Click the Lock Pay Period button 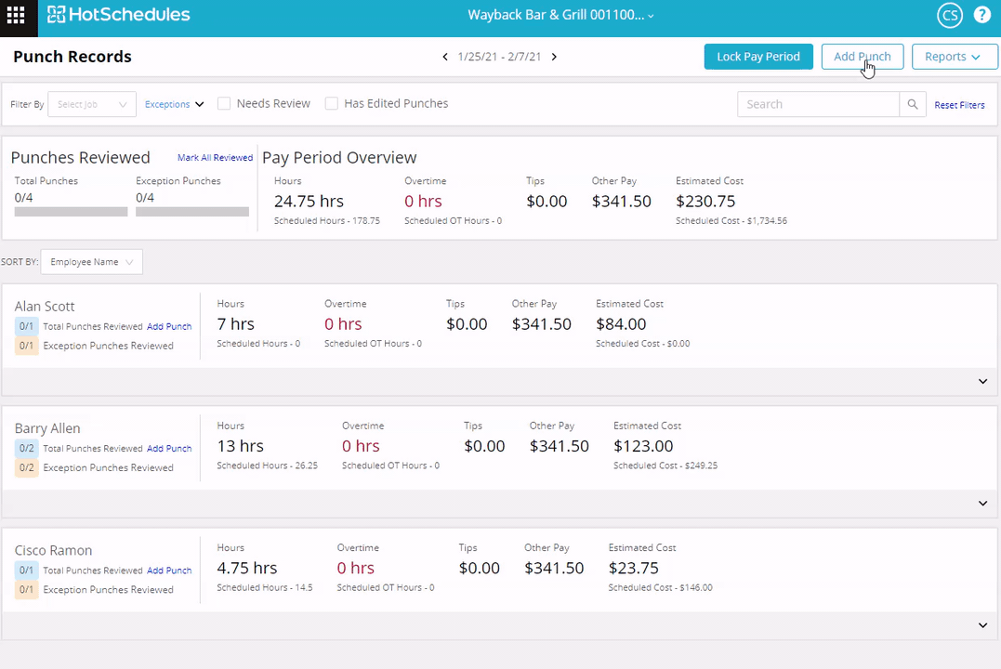click(758, 57)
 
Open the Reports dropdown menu click(954, 57)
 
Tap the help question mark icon click(981, 16)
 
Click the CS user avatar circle click(950, 16)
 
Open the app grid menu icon click(16, 16)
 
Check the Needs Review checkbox click(224, 104)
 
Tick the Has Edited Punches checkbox click(332, 104)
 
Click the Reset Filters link click(959, 105)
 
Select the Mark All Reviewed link click(215, 158)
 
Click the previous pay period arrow click(445, 57)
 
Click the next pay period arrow click(554, 57)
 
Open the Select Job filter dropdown click(92, 104)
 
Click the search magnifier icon click(913, 104)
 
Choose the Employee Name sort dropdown click(92, 262)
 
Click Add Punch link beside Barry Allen click(169, 449)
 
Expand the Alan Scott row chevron click(982, 381)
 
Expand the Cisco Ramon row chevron click(982, 625)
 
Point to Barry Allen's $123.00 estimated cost click(643, 446)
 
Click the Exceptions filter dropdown click(174, 105)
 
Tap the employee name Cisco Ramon click(53, 550)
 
